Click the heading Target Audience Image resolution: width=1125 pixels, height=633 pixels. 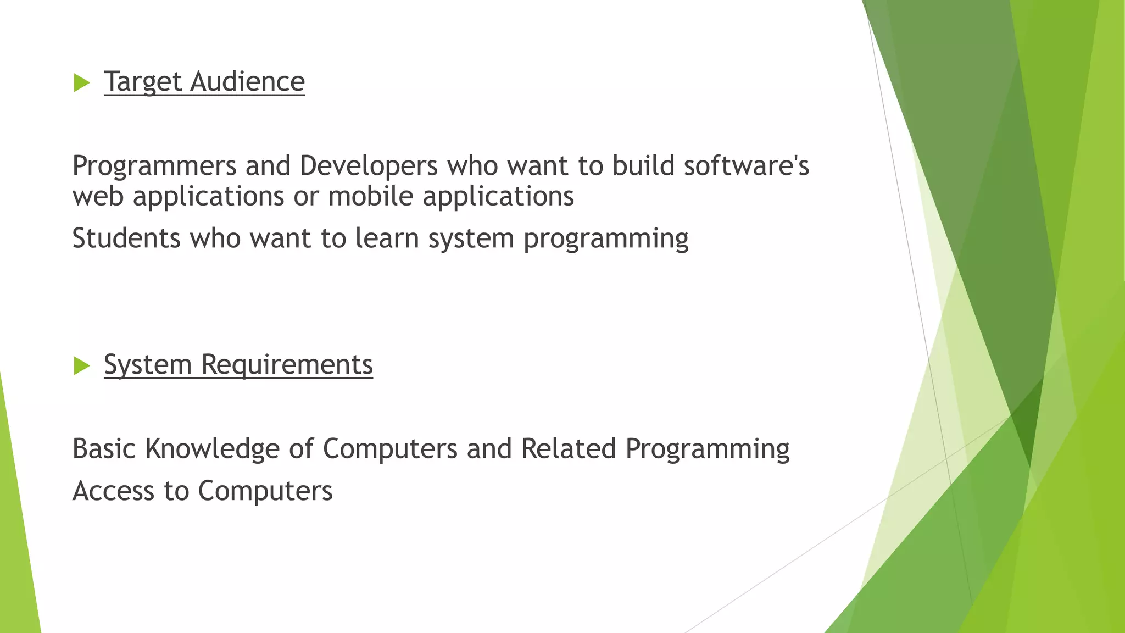point(204,82)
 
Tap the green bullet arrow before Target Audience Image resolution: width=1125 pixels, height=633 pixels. point(81,83)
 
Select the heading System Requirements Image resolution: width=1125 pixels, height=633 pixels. point(238,365)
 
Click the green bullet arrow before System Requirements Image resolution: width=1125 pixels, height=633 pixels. point(81,366)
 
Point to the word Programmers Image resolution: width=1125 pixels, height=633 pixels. point(154,166)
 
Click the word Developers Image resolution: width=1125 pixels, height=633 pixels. point(369,166)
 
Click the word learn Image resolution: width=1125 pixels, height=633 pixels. point(387,238)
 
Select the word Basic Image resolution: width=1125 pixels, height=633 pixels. point(104,449)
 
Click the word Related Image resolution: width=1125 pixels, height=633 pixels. point(569,449)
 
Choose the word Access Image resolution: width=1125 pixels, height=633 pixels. point(113,491)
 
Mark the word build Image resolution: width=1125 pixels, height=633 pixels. point(643,166)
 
